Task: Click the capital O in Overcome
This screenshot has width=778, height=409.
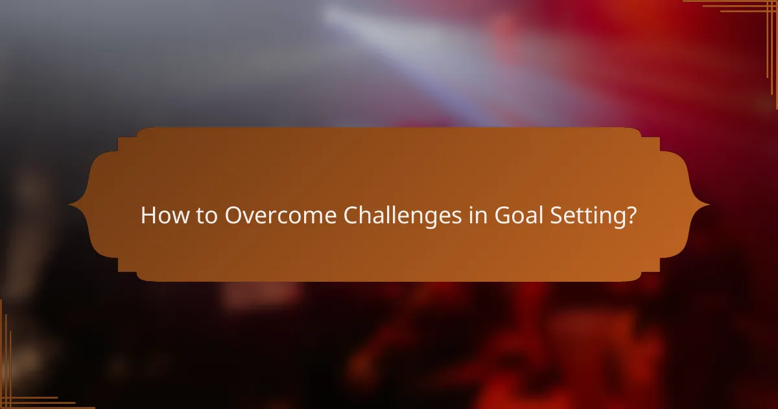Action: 234,216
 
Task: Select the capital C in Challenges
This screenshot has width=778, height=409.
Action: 351,216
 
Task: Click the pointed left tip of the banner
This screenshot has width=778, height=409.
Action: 71,205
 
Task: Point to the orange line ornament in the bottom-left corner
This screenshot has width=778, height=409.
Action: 19,390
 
